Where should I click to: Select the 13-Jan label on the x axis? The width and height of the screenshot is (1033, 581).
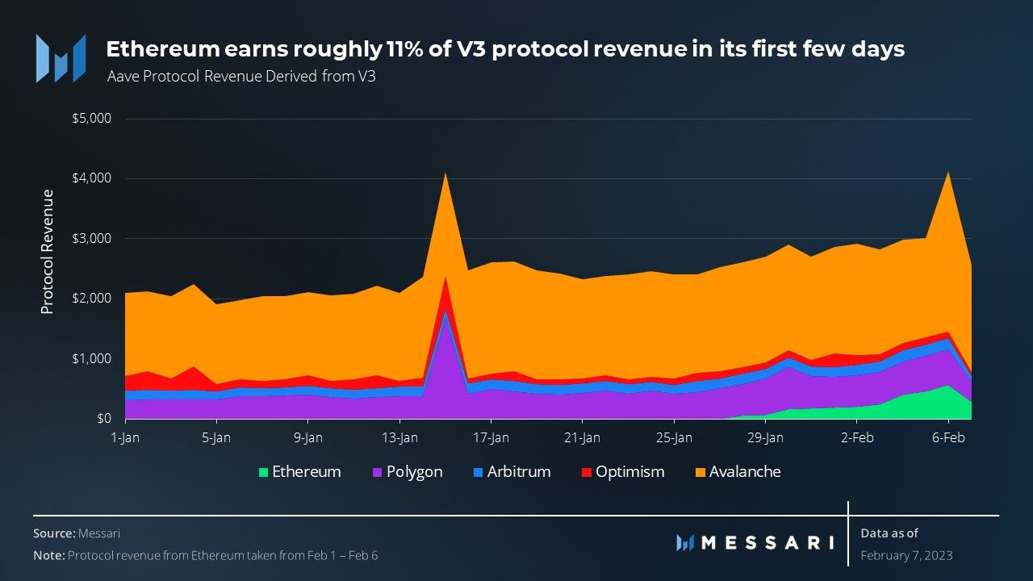pyautogui.click(x=399, y=438)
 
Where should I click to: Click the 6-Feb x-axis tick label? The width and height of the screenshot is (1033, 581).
pyautogui.click(x=948, y=438)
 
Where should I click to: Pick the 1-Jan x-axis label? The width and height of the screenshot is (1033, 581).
pyautogui.click(x=125, y=438)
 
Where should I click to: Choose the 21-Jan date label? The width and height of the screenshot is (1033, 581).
pyautogui.click(x=582, y=438)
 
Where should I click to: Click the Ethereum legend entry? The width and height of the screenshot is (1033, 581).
pyautogui.click(x=299, y=472)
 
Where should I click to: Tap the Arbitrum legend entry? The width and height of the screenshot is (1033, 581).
pyautogui.click(x=511, y=472)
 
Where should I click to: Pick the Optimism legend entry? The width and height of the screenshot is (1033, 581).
pyautogui.click(x=621, y=472)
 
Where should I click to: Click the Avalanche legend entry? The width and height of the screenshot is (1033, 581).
pyautogui.click(x=736, y=472)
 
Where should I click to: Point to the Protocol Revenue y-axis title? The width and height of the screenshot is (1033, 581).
pyautogui.click(x=48, y=251)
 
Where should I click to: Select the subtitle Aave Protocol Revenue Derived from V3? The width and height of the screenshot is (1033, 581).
pyautogui.click(x=241, y=77)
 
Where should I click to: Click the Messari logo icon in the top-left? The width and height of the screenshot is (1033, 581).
pyautogui.click(x=61, y=58)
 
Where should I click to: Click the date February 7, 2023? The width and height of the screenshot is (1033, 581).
pyautogui.click(x=906, y=555)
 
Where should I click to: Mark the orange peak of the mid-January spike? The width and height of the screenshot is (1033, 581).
pyautogui.click(x=445, y=174)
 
